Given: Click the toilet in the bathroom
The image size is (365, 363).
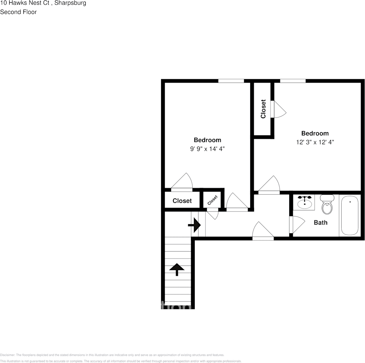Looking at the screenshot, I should pos(326,205).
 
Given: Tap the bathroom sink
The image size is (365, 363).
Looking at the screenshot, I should pos(305,202).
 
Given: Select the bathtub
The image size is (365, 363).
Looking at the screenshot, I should pos(350,215).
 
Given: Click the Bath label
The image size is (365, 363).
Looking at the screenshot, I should pos(321,222).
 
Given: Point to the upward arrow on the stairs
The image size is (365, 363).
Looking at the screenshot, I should pos(177,269).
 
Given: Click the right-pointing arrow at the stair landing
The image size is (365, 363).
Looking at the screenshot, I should pos(195,225).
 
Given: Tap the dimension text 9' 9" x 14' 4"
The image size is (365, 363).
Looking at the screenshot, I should pos(207,149).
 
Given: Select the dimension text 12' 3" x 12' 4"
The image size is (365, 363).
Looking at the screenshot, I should pos(315,142).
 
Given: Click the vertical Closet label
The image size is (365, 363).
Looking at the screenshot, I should pos(263,109).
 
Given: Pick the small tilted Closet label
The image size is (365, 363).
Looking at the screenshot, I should pos(212,200).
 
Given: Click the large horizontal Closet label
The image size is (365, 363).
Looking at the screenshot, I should pos(182,201).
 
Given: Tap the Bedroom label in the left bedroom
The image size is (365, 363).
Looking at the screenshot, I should pos(207,140).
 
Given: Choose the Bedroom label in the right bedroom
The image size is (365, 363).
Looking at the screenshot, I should pos(315,133).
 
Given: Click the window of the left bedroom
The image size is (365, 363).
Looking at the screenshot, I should pos(231,81).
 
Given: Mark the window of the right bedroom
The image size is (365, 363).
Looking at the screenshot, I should pos(293,81).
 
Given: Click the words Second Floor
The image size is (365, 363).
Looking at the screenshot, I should pos(18,12).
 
